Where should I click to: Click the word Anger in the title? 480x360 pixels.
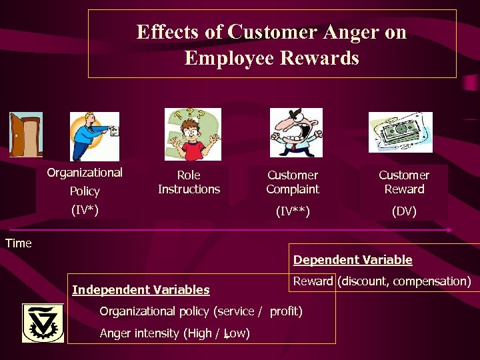pos(342,32)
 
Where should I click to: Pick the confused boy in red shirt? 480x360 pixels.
pos(193,135)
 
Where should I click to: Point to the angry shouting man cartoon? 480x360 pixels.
pos(296,133)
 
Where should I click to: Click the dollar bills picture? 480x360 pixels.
pos(401,132)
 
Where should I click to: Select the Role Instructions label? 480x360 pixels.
pos(189,182)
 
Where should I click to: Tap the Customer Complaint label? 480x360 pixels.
pos(293,182)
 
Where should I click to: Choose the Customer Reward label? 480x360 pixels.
pos(404,182)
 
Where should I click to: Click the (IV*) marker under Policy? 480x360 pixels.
pos(85,211)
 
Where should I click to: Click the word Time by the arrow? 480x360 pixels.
pos(18,243)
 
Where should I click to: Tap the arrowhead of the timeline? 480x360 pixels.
pos(449,230)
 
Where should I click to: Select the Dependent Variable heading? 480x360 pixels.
pos(353,260)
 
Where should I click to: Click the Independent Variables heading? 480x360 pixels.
pos(141,290)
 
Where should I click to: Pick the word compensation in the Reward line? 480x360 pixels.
pos(431,281)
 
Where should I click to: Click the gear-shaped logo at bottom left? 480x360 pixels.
pos(43,323)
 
